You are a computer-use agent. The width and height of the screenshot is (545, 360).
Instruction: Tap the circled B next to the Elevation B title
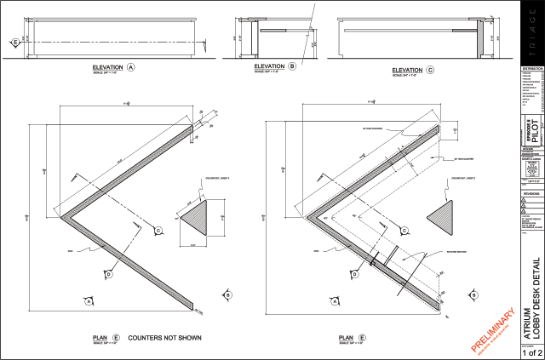pos(292,66)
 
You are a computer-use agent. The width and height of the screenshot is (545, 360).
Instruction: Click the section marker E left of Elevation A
pos(14,41)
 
